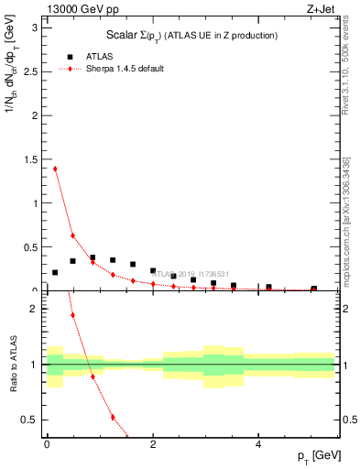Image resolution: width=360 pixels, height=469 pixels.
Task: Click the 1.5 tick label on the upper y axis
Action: [x=32, y=159]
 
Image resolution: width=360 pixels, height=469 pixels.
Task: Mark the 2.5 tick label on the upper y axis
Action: [x=32, y=71]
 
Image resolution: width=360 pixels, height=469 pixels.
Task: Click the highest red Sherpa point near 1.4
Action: [x=55, y=169]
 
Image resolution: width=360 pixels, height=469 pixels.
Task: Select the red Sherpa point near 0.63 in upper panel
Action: [x=72, y=235]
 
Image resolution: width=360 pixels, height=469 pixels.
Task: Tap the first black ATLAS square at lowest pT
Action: [x=55, y=272]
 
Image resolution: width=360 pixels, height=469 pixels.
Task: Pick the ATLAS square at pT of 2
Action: [x=153, y=271]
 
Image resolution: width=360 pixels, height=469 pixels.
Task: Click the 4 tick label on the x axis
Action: [x=257, y=446]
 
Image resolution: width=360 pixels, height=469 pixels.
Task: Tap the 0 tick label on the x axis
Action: [x=46, y=446]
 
